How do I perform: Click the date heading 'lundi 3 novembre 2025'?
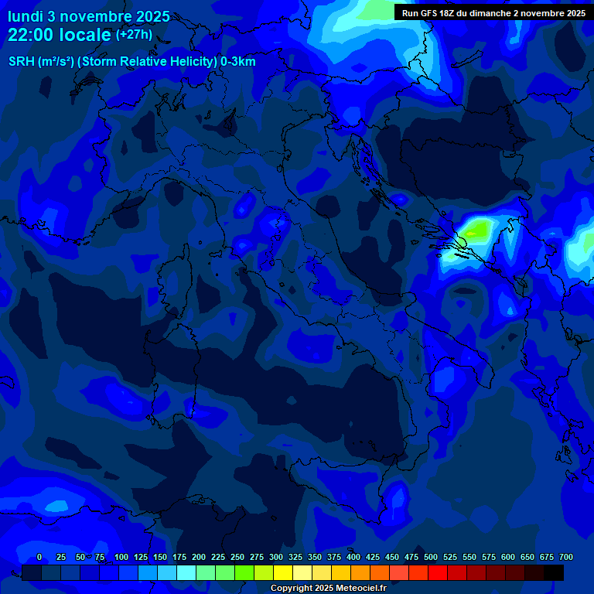click(x=89, y=16)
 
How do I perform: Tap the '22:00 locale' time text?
click(x=60, y=35)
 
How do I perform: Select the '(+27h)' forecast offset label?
click(x=134, y=35)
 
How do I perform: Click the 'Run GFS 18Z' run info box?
click(x=493, y=12)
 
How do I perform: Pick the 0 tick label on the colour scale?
click(x=39, y=557)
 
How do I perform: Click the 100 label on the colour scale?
click(x=121, y=557)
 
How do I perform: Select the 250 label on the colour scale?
click(x=237, y=557)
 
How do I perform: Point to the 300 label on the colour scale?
click(x=276, y=557)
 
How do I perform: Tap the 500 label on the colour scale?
click(x=431, y=557)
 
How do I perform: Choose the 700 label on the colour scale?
click(x=566, y=557)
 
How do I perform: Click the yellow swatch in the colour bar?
click(x=283, y=572)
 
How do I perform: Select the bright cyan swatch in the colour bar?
click(x=186, y=572)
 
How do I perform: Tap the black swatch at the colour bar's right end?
click(x=554, y=572)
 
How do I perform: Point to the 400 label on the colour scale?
click(x=353, y=557)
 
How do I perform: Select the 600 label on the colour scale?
click(x=508, y=557)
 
